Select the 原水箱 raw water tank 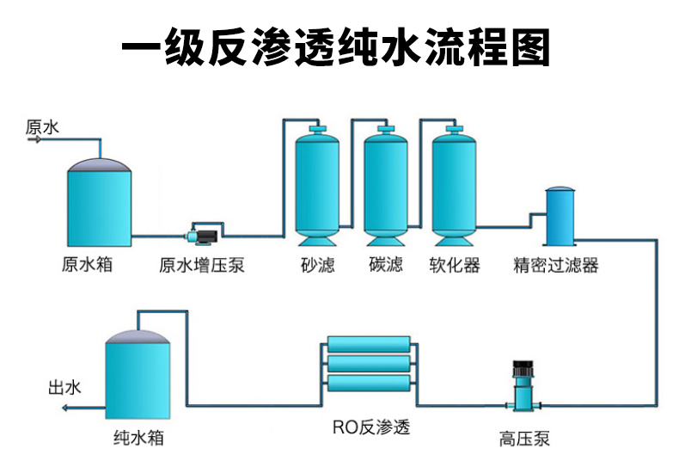(100, 203)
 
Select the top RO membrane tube (370, 346)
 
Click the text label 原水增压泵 (202, 264)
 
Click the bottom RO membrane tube (370, 383)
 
